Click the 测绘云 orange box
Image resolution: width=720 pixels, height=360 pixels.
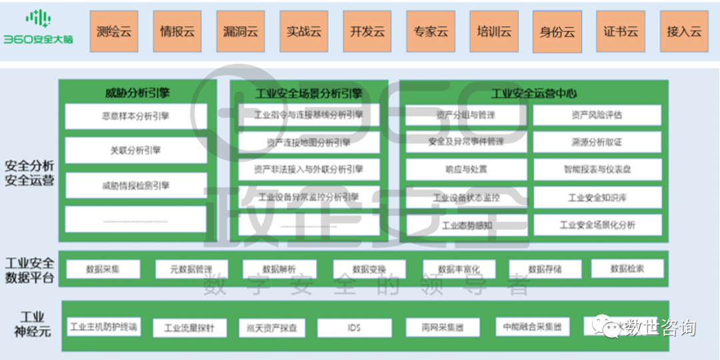tap(113, 31)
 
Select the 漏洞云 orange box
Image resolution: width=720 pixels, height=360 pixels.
tap(241, 31)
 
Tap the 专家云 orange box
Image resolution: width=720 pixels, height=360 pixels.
tap(431, 31)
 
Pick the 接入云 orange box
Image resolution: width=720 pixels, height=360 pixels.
tap(684, 31)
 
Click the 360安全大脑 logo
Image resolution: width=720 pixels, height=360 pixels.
tap(38, 28)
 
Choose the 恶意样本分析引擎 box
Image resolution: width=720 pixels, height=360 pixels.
tap(136, 116)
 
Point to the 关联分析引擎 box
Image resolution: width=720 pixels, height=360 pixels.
tap(136, 151)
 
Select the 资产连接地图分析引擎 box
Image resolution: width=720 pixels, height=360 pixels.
tap(308, 142)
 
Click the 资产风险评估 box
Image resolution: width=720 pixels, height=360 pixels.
tap(597, 115)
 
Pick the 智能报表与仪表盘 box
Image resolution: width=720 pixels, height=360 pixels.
tap(597, 169)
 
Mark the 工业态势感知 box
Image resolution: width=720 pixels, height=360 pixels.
tap(466, 225)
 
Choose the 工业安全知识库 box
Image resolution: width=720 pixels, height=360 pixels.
tap(597, 198)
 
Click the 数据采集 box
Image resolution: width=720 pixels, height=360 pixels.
tap(103, 269)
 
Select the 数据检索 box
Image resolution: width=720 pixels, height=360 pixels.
tap(627, 269)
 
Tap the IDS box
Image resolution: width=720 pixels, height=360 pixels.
tap(353, 328)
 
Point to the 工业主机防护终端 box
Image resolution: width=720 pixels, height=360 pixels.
tap(103, 327)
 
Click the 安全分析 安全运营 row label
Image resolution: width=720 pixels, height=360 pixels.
tap(29, 173)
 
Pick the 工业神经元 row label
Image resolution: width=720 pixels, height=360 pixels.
tap(32, 325)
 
